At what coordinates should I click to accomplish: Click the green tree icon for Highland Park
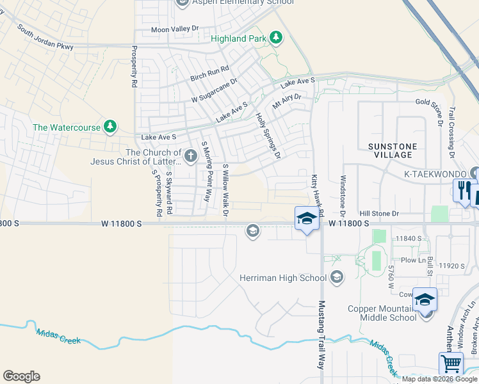276,38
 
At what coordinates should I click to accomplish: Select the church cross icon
190,156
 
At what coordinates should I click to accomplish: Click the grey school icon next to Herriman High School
337,278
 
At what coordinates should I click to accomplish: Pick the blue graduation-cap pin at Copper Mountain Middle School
425,300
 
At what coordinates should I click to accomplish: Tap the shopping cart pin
451,364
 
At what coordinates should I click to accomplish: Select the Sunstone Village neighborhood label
393,151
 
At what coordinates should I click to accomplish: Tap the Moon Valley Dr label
175,29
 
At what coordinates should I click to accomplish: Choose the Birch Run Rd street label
209,74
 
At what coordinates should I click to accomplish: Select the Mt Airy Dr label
286,102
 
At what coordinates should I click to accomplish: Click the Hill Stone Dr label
379,213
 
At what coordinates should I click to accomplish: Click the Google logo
21,376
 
